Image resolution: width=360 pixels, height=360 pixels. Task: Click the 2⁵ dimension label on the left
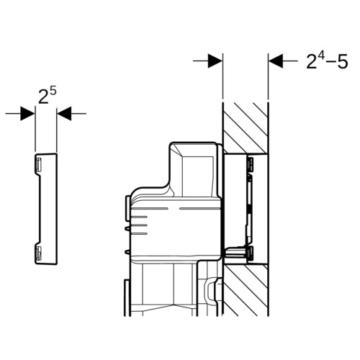[x=48, y=96]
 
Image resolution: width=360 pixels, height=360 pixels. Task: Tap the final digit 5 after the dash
[x=343, y=62]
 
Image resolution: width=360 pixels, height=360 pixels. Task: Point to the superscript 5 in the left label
[x=53, y=92]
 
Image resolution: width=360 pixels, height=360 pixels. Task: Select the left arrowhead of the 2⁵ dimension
[x=28, y=114]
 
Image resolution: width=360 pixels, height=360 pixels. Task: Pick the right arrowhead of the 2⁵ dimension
[x=64, y=114]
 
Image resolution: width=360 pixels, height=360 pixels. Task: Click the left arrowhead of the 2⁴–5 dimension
[x=215, y=61]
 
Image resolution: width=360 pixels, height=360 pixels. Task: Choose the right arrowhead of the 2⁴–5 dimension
[x=276, y=61]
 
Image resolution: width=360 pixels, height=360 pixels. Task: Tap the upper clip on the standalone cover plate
[x=38, y=164]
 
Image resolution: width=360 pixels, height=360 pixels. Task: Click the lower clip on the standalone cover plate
[x=38, y=253]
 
